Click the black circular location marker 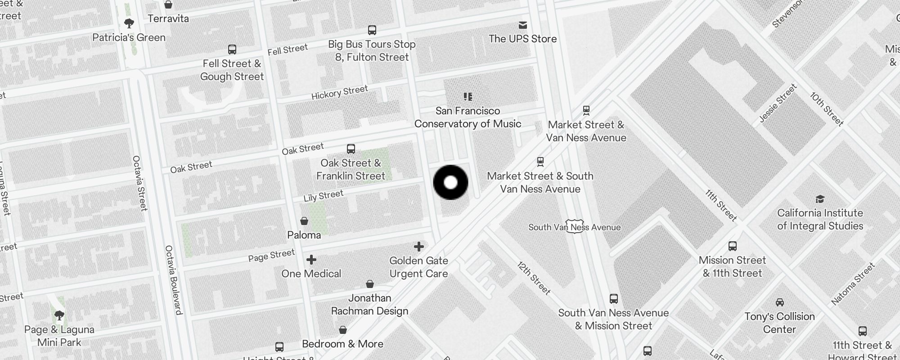click(450, 182)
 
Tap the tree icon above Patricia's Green click(129, 23)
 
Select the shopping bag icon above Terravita click(168, 4)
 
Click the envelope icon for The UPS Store click(523, 25)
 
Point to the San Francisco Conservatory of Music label click(468, 117)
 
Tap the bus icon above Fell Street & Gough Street click(232, 49)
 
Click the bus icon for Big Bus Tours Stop click(372, 30)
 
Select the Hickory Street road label click(340, 92)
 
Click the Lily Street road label click(323, 196)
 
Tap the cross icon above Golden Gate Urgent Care click(419, 247)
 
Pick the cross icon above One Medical click(311, 260)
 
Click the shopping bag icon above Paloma click(304, 221)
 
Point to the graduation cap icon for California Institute click(820, 199)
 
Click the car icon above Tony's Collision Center click(780, 302)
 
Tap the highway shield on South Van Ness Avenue click(575, 226)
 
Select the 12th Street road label click(534, 278)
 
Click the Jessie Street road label click(778, 103)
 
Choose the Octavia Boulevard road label click(173, 279)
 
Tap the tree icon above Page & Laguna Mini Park click(59, 315)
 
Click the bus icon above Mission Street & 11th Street click(733, 246)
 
